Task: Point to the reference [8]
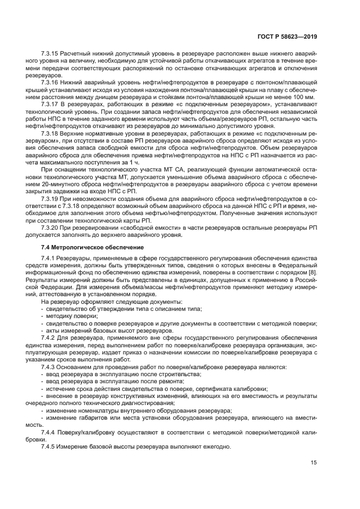click(312, 272)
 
